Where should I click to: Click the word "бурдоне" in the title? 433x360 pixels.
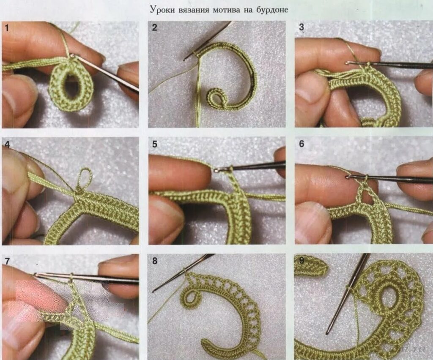[272, 10]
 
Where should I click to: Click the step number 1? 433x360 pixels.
[7, 28]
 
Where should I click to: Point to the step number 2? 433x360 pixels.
[154, 27]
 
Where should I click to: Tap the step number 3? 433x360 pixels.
[301, 27]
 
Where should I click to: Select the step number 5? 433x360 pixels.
[155, 144]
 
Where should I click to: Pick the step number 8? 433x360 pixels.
[155, 261]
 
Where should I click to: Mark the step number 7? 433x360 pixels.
[7, 261]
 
